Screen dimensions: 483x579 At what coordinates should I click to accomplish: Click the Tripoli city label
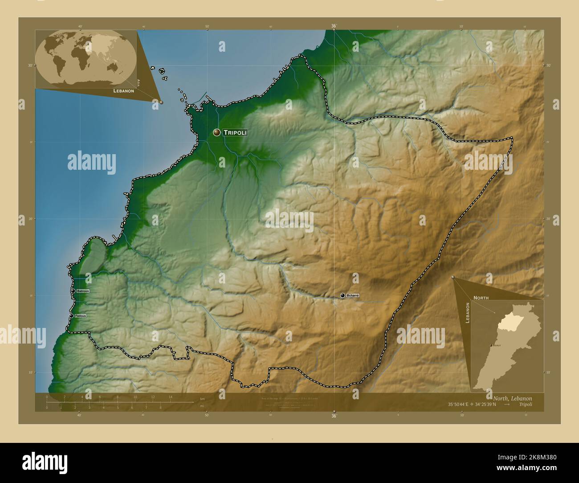(x=235, y=132)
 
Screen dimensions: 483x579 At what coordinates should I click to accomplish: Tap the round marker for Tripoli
(x=216, y=132)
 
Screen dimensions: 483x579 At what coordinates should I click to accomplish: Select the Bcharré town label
(x=352, y=295)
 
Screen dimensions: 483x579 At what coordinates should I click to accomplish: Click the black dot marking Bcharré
(x=343, y=295)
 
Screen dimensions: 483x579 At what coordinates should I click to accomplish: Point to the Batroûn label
(x=83, y=291)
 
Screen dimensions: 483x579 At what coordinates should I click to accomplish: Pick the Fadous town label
(x=81, y=315)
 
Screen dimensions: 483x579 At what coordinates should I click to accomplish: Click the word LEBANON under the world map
(x=124, y=90)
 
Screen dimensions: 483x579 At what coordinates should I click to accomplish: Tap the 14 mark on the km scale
(x=170, y=397)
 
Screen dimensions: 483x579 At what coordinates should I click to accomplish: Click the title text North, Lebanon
(x=512, y=398)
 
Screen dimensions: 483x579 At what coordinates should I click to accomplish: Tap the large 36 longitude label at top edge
(x=334, y=26)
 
